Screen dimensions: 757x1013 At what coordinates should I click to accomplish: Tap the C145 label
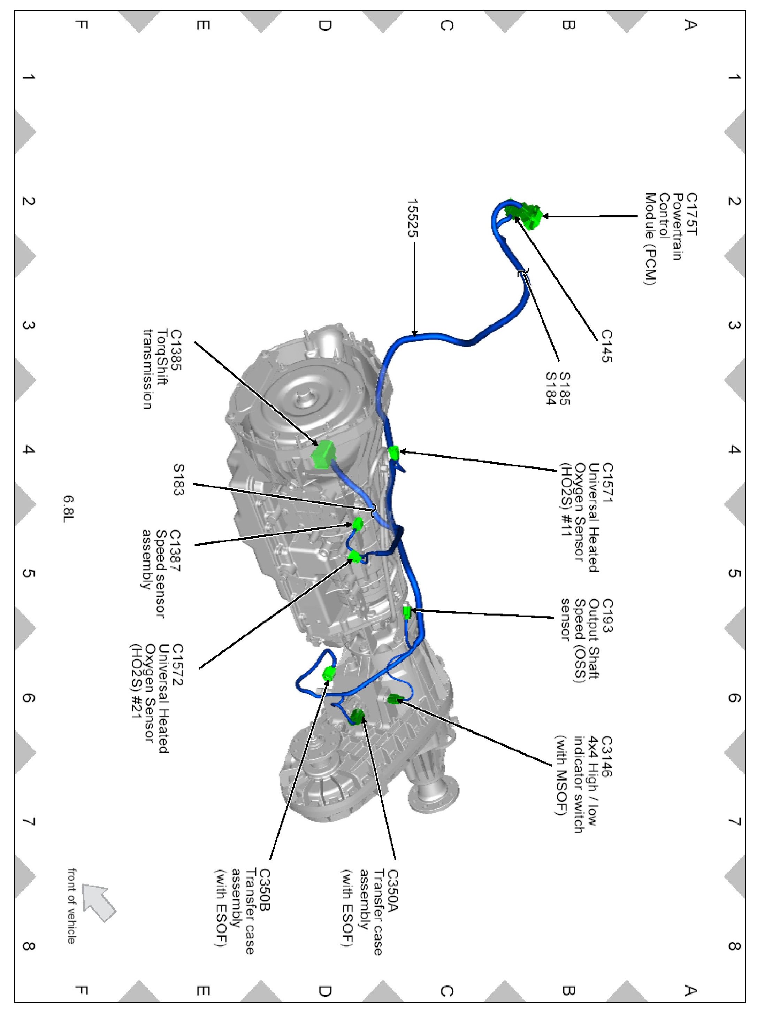pyautogui.click(x=607, y=346)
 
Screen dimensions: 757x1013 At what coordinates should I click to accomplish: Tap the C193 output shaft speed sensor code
pyautogui.click(x=607, y=616)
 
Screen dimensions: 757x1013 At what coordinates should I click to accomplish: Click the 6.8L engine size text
pyautogui.click(x=68, y=509)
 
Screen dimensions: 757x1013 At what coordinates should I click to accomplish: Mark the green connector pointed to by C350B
pyautogui.click(x=329, y=673)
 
